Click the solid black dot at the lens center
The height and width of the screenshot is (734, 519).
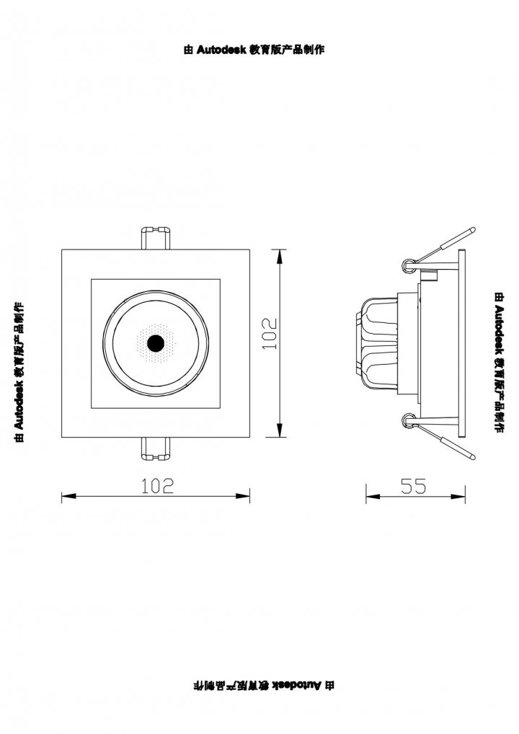155,343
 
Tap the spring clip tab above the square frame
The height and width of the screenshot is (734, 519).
156,238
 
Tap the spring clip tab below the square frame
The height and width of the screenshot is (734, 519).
156,448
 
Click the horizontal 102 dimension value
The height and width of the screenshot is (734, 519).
158,486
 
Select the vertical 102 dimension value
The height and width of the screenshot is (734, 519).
270,333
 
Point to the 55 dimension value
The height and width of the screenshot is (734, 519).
414,486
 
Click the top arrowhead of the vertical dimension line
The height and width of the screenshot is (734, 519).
280,257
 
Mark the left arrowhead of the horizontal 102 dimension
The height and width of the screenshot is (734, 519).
68,496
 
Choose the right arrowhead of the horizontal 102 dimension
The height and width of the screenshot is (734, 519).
242,496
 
